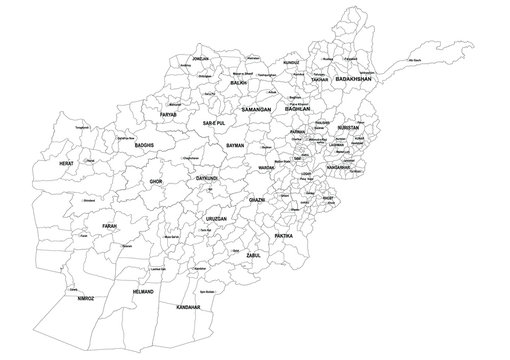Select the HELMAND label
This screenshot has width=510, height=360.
[144, 291]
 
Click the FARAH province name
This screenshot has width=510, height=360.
[110, 226]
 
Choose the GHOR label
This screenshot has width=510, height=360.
[155, 182]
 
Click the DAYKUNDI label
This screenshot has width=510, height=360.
[207, 178]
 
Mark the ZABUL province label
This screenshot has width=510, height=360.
[253, 256]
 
